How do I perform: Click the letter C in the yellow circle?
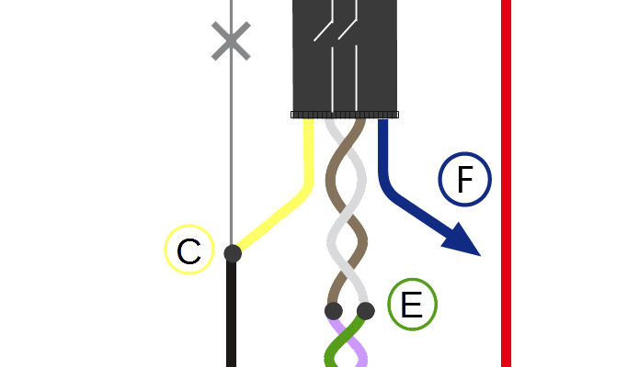188,251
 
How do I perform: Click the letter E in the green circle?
412,305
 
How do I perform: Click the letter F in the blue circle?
464,179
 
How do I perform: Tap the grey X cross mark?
231,41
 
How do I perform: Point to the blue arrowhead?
464,241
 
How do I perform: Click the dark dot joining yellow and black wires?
233,253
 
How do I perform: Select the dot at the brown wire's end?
334,311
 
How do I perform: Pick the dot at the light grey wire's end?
366,311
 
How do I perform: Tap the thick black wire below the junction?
231,315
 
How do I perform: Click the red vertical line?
506,183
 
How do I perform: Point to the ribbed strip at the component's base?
345,115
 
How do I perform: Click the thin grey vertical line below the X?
231,151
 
